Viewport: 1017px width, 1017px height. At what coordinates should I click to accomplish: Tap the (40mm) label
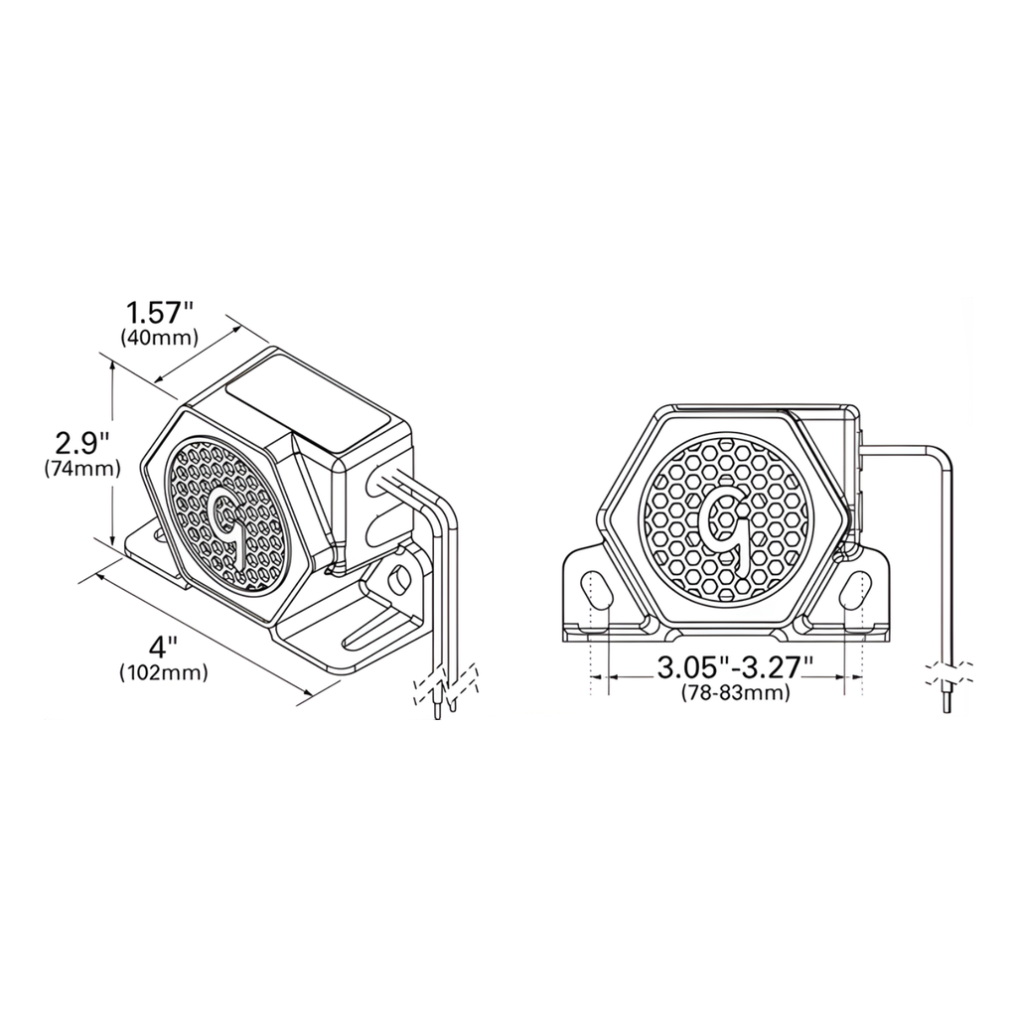pyautogui.click(x=159, y=338)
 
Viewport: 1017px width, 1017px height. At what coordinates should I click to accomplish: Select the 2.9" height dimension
pyautogui.click(x=80, y=441)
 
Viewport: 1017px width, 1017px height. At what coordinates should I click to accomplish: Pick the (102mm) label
pyautogui.click(x=164, y=673)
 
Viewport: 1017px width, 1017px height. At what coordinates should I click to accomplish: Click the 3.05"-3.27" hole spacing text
pyautogui.click(x=735, y=668)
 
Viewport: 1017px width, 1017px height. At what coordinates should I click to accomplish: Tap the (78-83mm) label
pyautogui.click(x=736, y=693)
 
